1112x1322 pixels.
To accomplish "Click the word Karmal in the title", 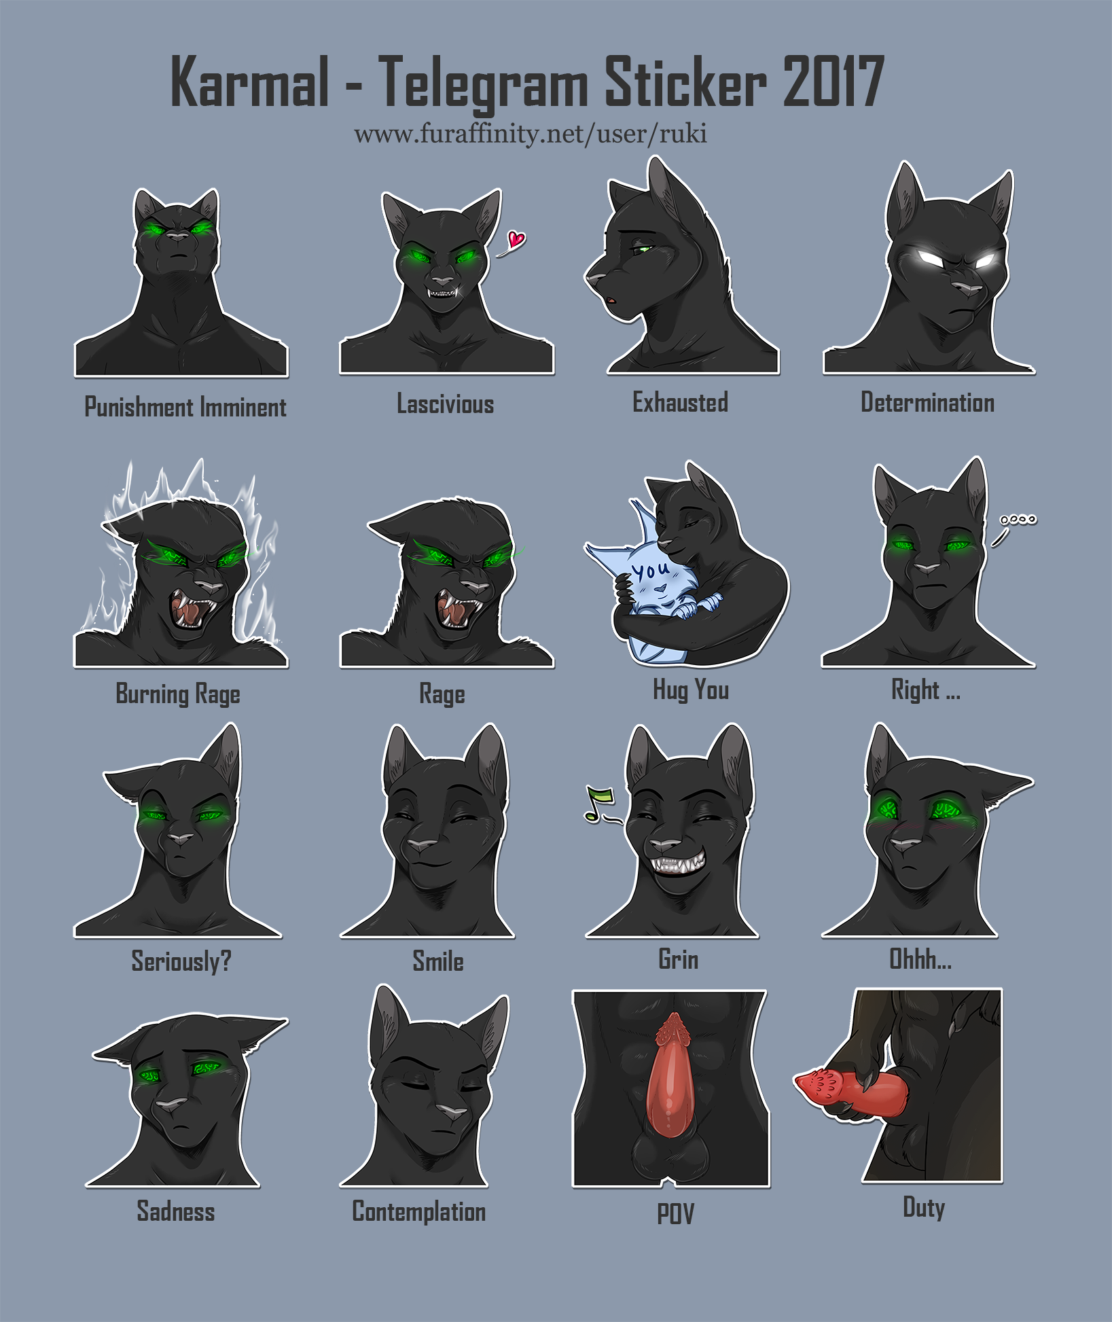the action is tap(250, 82).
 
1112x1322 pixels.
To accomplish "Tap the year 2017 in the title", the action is tap(833, 82).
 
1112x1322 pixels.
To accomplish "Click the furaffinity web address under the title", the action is tap(531, 134).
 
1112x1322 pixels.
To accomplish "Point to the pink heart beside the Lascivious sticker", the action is tap(517, 239).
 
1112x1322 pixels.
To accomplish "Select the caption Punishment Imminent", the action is tap(185, 408).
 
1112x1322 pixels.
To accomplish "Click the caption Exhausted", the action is tap(681, 402).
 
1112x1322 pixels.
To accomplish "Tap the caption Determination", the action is tap(928, 402).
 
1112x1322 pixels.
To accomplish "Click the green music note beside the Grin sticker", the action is tap(599, 804).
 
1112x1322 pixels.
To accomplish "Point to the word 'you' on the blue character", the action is tap(650, 570).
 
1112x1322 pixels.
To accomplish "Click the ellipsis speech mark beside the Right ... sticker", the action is tap(1018, 520).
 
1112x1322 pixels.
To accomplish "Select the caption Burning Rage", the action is tap(178, 694).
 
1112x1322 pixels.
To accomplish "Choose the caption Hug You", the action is tap(691, 690).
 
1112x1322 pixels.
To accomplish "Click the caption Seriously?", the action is tap(181, 961).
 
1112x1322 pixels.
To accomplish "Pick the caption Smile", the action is tap(438, 961).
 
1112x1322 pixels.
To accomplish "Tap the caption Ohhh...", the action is tap(920, 959).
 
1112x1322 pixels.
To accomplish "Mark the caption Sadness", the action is tap(176, 1211).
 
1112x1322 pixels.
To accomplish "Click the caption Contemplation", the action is tap(419, 1212).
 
